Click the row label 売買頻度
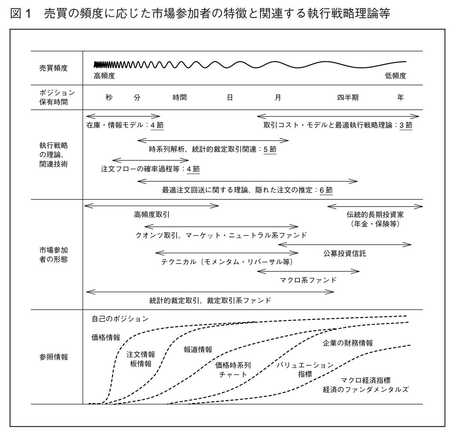(x=53, y=68)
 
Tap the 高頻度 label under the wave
(x=104, y=76)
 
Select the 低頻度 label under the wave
(x=395, y=76)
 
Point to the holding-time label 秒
(x=109, y=97)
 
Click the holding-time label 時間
(x=180, y=97)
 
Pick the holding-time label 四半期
(x=348, y=97)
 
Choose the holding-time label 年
(x=400, y=97)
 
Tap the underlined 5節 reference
(x=270, y=149)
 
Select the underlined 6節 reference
(x=326, y=190)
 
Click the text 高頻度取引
(x=152, y=215)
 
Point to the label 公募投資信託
(x=345, y=254)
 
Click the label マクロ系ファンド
(x=308, y=280)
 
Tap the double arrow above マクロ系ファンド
(x=308, y=271)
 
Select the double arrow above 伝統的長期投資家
(x=375, y=206)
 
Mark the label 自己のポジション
(x=120, y=319)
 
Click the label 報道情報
(x=198, y=349)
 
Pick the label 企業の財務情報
(x=348, y=343)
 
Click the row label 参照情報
(x=53, y=357)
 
